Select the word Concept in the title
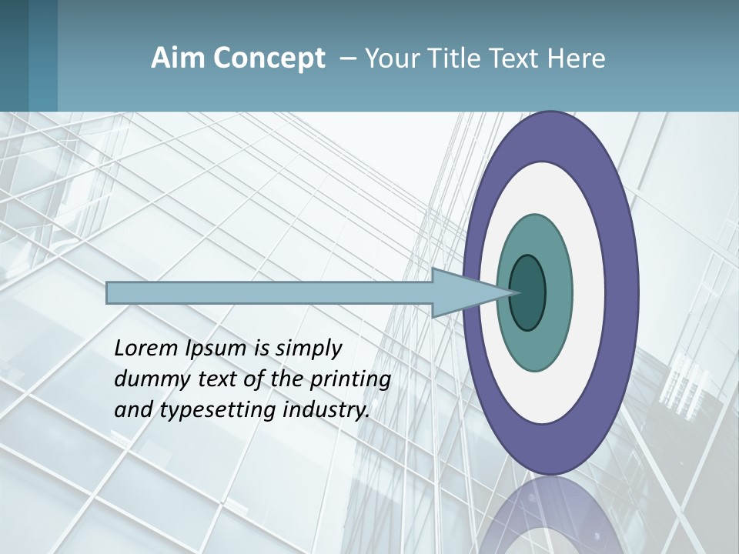coord(269,59)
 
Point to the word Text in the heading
coord(513,58)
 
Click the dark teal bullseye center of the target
coord(527,292)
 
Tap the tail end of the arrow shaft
coord(109,292)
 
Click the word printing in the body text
coord(350,379)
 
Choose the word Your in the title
coord(390,58)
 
